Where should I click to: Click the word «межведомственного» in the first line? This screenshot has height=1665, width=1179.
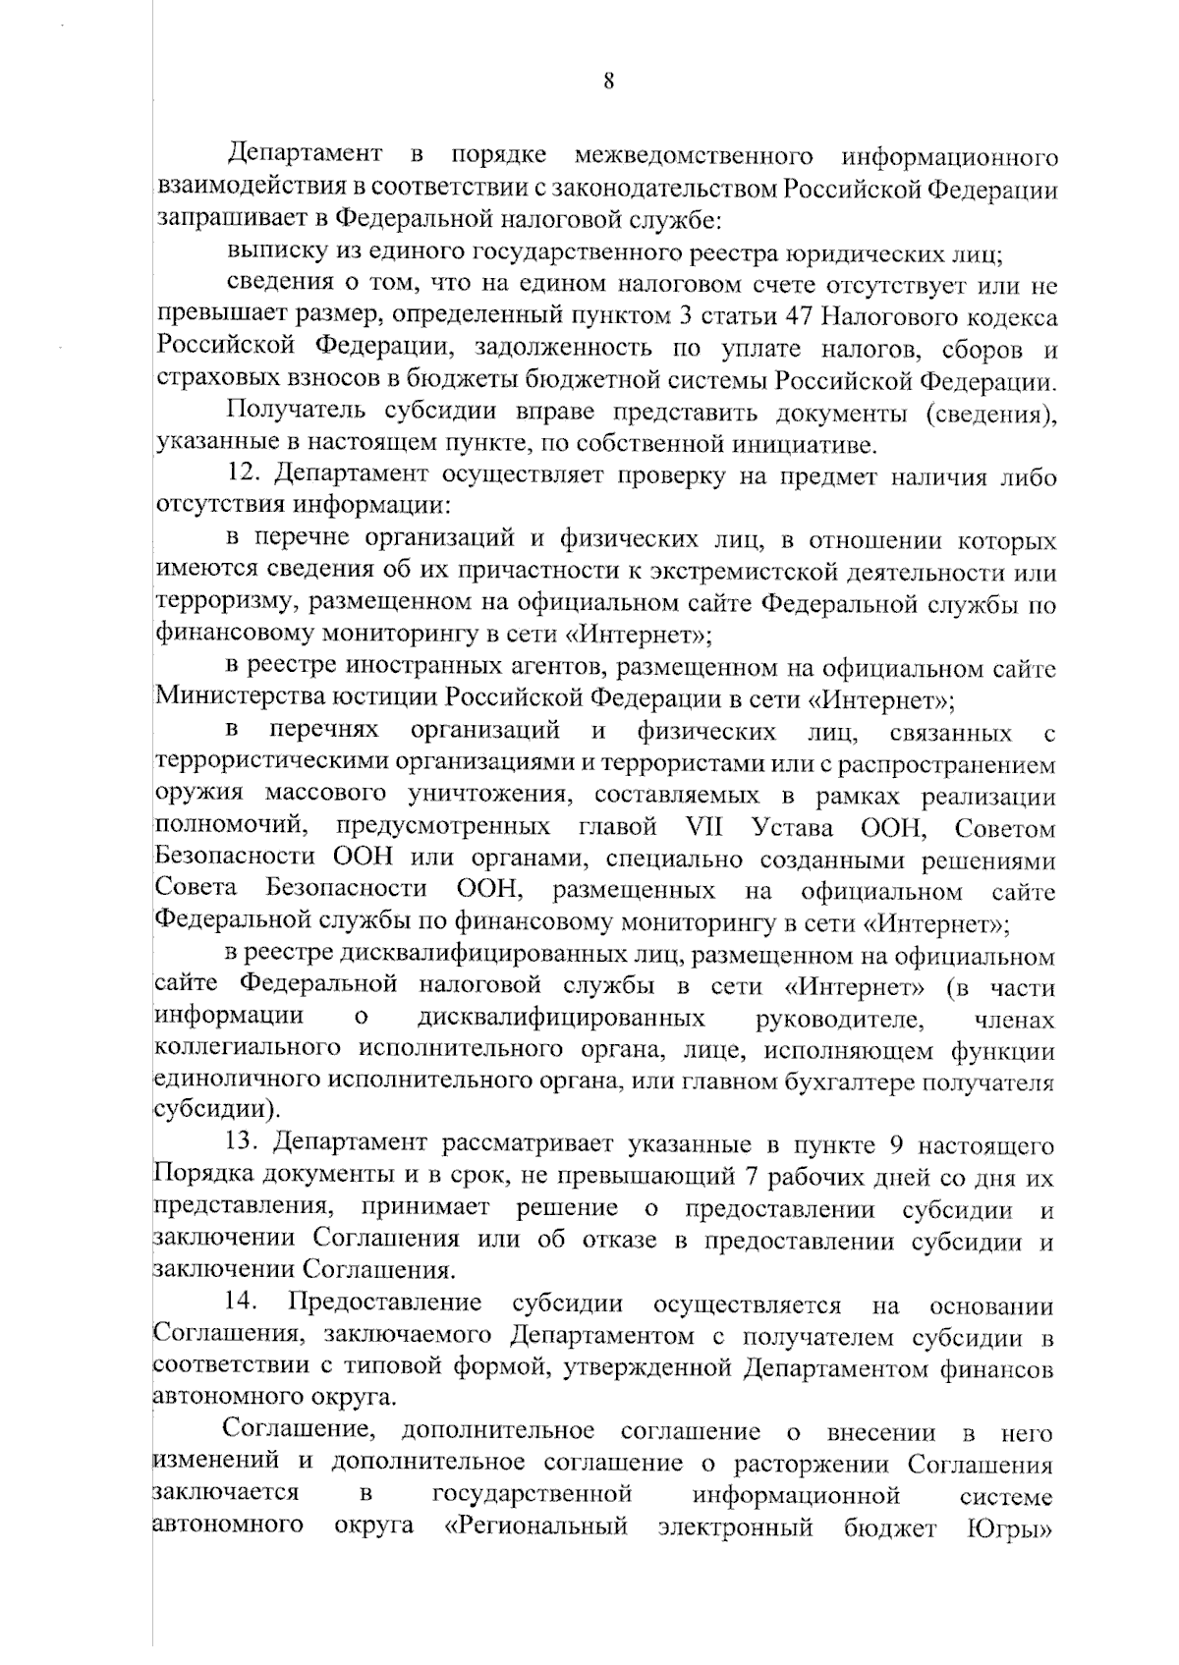(x=693, y=156)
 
